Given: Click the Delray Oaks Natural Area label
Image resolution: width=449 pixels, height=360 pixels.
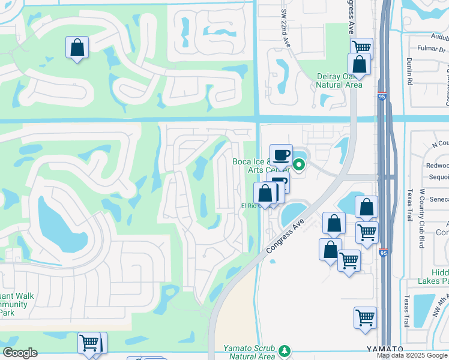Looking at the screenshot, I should (x=339, y=80).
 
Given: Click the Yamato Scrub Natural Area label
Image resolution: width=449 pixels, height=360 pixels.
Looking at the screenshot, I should (x=249, y=352).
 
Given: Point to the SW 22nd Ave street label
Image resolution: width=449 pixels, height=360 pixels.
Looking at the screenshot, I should (x=285, y=24).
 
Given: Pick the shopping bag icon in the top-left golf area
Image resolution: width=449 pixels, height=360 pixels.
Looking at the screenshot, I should (x=77, y=48).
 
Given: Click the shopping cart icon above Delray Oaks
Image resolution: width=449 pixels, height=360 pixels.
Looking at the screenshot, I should (x=361, y=47).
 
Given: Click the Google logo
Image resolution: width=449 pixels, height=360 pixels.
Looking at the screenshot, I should (x=20, y=353).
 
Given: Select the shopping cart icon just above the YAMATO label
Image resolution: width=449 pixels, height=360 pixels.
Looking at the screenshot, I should (x=365, y=317).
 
